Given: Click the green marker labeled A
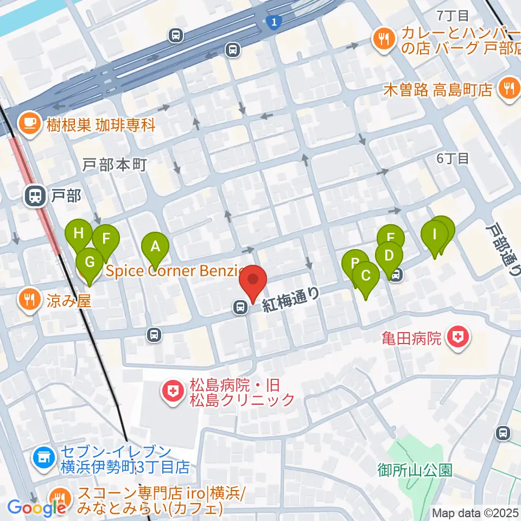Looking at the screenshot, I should coord(155,247).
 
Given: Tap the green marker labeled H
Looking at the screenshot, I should coord(79,234).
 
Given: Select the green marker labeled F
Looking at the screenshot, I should coord(105,239).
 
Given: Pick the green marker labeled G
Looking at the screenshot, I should coord(90,262).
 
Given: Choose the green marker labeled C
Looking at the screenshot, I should coord(366,276).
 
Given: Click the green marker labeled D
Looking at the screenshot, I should coord(389,255).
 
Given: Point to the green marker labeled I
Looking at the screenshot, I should coord(434,234).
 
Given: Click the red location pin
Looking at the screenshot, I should coord(253,281).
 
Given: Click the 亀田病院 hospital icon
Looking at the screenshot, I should coord(458,339).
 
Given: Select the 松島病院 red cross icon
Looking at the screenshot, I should coord(173,393).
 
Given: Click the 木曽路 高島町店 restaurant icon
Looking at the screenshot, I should coord(509,88).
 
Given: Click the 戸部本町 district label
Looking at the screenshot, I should coord(115,165).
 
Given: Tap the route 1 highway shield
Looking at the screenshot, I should coord(274,22).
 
